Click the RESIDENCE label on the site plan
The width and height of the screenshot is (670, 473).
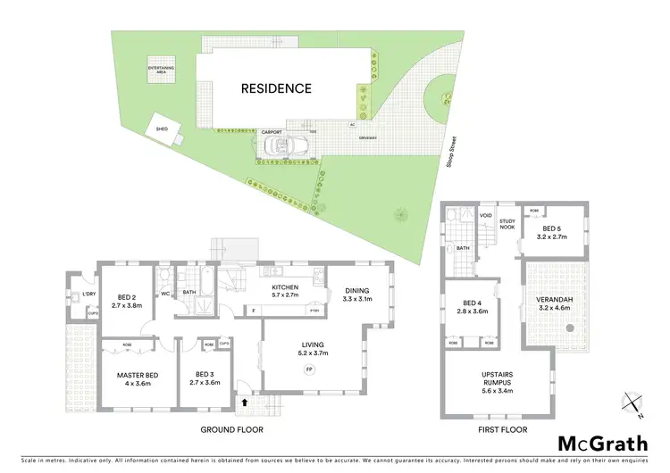[x=275, y=88]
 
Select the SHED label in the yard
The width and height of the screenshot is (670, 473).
[x=162, y=129]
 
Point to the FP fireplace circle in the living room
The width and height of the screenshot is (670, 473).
[x=309, y=368]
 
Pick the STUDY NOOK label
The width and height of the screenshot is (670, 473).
[x=507, y=224]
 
